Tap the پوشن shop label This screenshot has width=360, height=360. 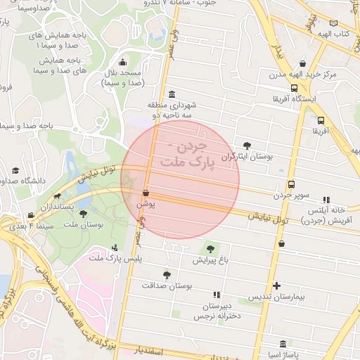coord(146,203)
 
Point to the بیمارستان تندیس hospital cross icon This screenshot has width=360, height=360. coord(277,285)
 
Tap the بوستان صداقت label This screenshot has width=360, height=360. coord(167,285)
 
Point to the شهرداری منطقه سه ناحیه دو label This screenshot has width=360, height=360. coord(172,110)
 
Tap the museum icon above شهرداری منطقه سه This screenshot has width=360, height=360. coord(172,95)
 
